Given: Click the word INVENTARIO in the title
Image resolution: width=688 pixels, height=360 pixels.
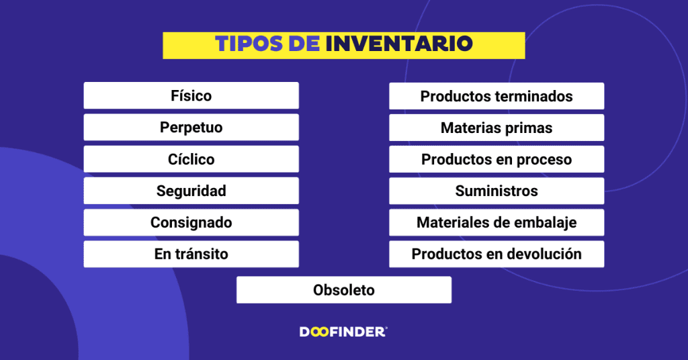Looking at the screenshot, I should click(399, 44).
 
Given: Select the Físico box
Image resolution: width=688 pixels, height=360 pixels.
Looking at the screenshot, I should click(191, 95).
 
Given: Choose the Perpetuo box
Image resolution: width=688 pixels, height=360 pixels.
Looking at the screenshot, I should click(191, 127).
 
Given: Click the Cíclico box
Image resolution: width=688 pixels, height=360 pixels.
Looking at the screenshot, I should click(191, 159).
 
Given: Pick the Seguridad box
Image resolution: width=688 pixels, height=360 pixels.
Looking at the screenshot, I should click(191, 191).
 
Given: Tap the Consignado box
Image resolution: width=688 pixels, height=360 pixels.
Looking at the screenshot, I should click(191, 222).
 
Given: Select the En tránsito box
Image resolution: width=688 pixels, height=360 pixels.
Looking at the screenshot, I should click(191, 254).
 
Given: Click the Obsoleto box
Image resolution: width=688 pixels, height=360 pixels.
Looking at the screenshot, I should click(343, 290).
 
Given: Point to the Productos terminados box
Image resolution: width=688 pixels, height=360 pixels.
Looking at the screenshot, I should click(497, 96).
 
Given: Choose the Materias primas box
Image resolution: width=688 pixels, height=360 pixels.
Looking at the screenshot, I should click(497, 128).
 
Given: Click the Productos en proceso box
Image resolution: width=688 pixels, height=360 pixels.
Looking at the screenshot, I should click(497, 159).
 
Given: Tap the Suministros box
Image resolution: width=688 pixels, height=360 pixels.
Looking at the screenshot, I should click(497, 191).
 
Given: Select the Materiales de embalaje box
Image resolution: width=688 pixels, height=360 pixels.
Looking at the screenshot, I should click(497, 222).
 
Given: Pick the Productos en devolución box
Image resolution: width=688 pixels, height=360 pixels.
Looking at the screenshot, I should click(497, 254).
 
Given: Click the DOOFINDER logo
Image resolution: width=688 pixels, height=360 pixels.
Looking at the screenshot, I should click(343, 331).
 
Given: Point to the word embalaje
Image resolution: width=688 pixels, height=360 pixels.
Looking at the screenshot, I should click(545, 222).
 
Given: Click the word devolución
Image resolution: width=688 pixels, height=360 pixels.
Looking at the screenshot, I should click(545, 254).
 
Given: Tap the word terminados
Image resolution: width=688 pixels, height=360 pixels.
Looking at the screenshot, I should click(534, 96).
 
